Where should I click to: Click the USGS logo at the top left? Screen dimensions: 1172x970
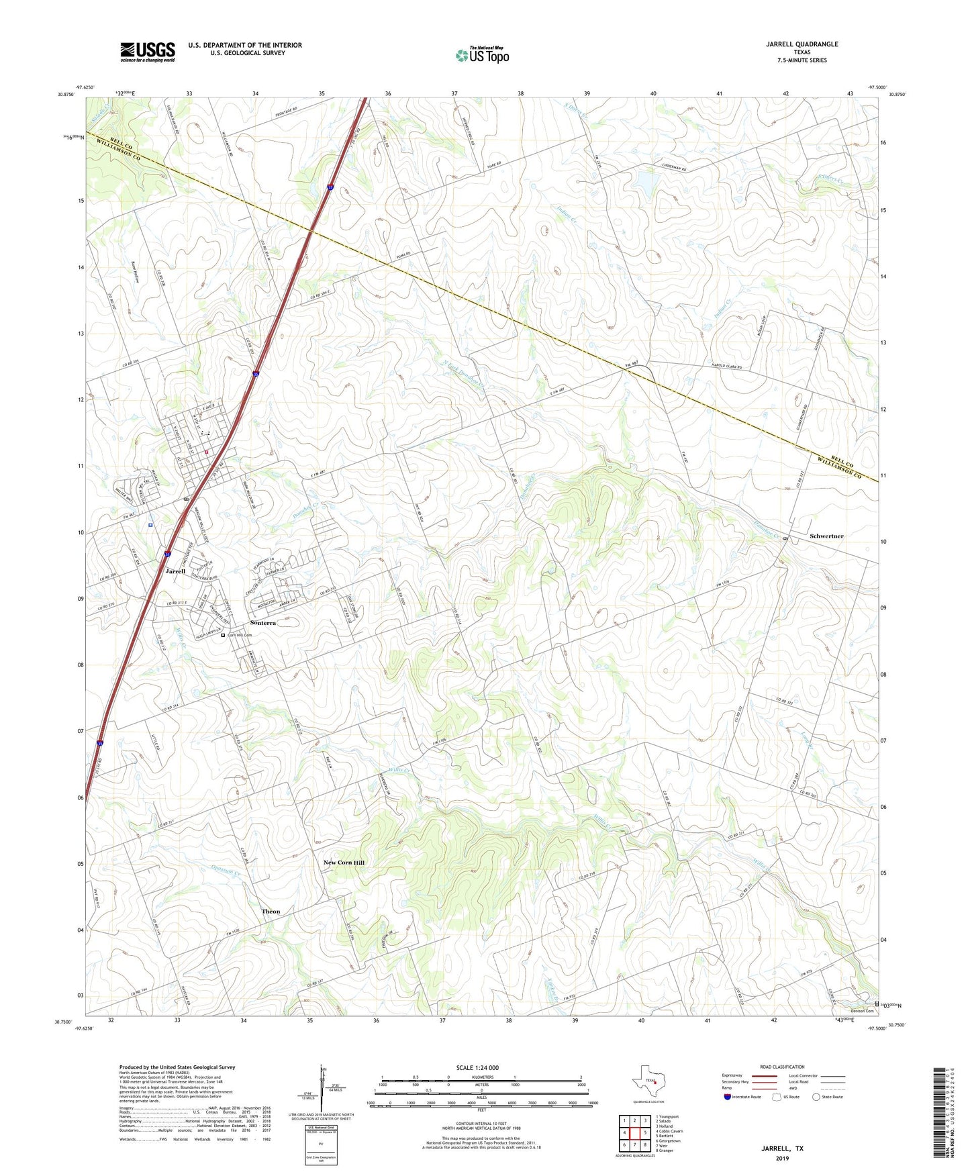[148, 52]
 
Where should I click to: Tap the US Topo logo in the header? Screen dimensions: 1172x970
[482, 56]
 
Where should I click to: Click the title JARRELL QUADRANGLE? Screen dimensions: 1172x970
[802, 44]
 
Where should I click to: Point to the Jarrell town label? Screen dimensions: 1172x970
[175, 571]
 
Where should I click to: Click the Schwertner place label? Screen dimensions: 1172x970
[826, 536]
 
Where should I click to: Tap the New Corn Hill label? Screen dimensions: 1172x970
[344, 863]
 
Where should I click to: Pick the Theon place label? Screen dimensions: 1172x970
[271, 912]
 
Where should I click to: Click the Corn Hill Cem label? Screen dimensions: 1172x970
[239, 635]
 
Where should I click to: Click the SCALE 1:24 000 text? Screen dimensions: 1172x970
[477, 1068]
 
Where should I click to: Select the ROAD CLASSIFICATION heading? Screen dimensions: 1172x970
[782, 1067]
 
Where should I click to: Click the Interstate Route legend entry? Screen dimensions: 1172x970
[742, 1097]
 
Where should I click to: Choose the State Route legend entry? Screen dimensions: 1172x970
[828, 1097]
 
